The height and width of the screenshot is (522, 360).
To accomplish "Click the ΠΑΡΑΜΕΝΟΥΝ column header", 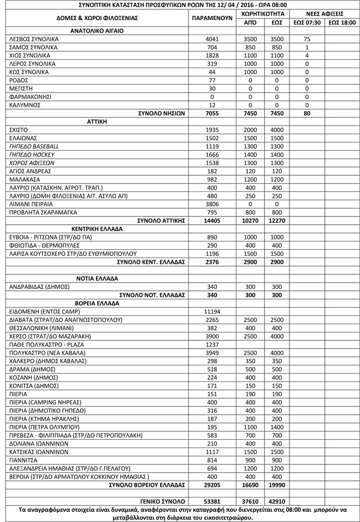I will click(212, 18).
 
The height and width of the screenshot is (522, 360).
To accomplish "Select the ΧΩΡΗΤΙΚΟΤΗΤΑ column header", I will click(264, 13).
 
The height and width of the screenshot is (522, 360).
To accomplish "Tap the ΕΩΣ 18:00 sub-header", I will click(342, 22).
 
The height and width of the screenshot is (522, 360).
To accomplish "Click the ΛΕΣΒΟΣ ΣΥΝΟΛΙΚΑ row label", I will click(34, 39).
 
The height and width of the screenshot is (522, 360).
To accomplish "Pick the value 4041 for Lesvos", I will click(212, 39).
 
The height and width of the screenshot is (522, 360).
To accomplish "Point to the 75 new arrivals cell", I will click(307, 39).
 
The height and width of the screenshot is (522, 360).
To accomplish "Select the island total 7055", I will click(212, 113).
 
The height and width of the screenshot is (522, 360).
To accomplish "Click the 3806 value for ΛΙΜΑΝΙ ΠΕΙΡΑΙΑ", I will click(212, 204).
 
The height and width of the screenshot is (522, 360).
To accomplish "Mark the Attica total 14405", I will click(212, 221).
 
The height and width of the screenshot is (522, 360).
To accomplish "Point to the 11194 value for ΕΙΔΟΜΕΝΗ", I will click(212, 311).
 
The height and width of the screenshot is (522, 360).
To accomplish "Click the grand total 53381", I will click(212, 501).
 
